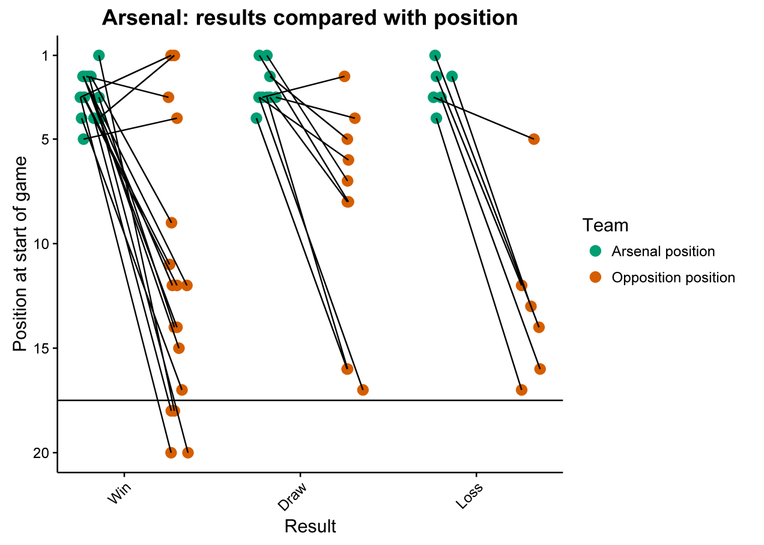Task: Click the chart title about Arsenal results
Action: point(309,18)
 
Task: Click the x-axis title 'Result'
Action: point(310,526)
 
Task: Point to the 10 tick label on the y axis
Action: point(43,244)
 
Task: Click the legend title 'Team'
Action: point(605,225)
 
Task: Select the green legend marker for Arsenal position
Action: point(595,251)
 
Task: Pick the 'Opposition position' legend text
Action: point(673,277)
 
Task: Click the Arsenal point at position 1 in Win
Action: point(99,55)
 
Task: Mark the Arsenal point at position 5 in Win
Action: point(84,139)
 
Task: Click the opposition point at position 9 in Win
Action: point(171,223)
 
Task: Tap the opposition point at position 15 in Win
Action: point(178,348)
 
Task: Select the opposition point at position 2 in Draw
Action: point(344,76)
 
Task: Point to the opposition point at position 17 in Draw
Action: point(363,390)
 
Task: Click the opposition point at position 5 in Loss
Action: point(534,139)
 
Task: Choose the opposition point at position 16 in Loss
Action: point(540,369)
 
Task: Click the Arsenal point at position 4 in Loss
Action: point(436,118)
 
